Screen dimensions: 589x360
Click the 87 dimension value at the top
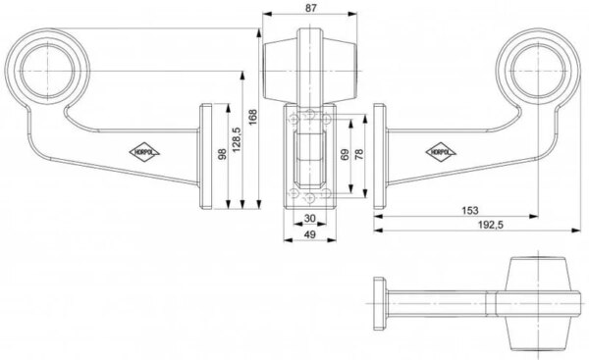310,8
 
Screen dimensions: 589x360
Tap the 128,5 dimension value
237,139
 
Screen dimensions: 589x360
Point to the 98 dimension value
223,154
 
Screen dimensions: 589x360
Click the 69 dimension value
345,155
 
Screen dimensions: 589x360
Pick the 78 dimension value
358,155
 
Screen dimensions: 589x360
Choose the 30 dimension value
309,218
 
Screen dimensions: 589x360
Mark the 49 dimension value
309,234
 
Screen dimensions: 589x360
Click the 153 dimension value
470,210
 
